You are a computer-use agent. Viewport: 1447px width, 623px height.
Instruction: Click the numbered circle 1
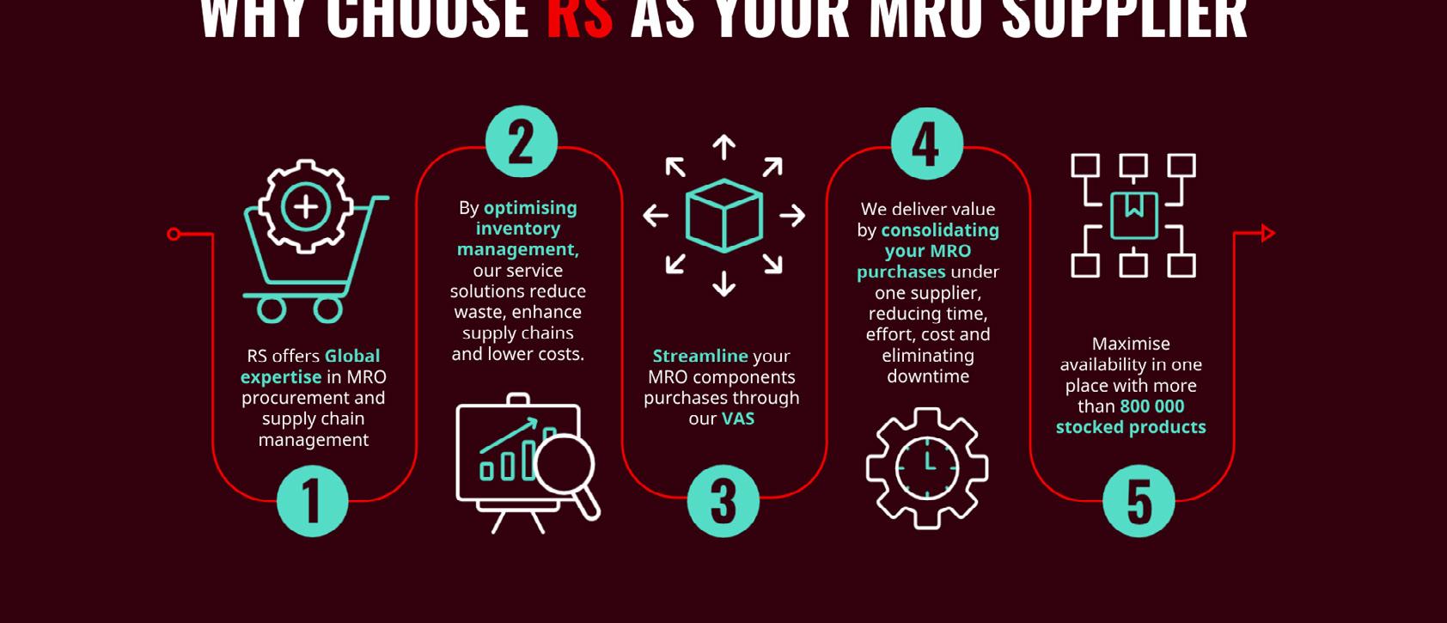pyautogui.click(x=313, y=501)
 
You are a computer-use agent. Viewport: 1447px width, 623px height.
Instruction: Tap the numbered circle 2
pyautogui.click(x=522, y=142)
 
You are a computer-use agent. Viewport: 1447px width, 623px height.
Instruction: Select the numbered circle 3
pyautogui.click(x=723, y=501)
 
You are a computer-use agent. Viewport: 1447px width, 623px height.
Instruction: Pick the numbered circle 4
pyautogui.click(x=926, y=144)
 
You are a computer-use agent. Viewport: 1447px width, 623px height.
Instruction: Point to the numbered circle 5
pyautogui.click(x=1139, y=501)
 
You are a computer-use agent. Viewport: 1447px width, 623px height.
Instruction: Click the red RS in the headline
pyautogui.click(x=580, y=19)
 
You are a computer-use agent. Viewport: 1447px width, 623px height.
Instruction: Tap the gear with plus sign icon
pyautogui.click(x=305, y=207)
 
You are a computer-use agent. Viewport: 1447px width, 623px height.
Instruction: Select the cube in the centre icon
pyautogui.click(x=723, y=215)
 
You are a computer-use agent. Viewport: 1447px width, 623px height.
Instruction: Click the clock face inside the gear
pyautogui.click(x=927, y=468)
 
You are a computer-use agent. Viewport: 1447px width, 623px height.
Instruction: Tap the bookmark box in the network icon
pyautogui.click(x=1133, y=215)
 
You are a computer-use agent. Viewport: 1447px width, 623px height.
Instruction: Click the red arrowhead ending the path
pyautogui.click(x=1267, y=233)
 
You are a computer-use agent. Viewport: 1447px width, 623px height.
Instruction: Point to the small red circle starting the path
pyautogui.click(x=174, y=234)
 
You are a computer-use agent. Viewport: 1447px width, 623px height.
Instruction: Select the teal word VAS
pyautogui.click(x=737, y=418)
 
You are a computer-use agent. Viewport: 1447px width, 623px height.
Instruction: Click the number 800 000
pyautogui.click(x=1152, y=406)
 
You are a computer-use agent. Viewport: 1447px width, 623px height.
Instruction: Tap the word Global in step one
pyautogui.click(x=351, y=356)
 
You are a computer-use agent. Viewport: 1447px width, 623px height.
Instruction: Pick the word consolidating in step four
pyautogui.click(x=940, y=230)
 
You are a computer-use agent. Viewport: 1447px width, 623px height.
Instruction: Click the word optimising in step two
pyautogui.click(x=530, y=208)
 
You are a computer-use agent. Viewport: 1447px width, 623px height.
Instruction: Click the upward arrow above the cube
pyautogui.click(x=723, y=147)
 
